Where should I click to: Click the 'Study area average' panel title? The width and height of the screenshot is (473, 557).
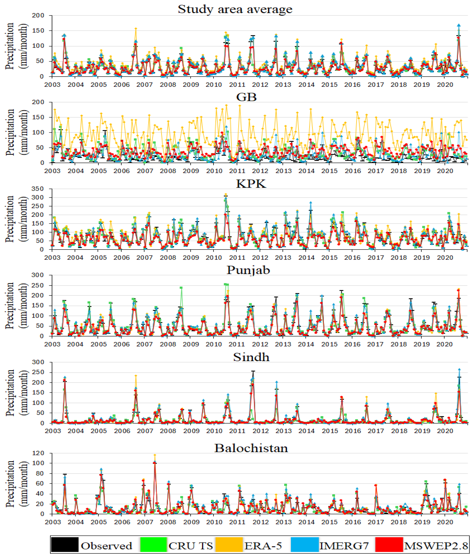(x=235, y=9)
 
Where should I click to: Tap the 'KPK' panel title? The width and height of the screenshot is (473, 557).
(x=251, y=184)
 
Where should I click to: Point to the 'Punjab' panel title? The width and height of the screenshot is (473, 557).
(x=248, y=270)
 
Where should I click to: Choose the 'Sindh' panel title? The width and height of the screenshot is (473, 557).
(x=251, y=357)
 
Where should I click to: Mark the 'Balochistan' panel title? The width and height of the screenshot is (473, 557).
(x=251, y=448)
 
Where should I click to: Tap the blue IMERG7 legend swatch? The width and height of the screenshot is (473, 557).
(x=305, y=544)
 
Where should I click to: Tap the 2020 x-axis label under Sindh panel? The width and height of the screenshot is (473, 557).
(x=445, y=431)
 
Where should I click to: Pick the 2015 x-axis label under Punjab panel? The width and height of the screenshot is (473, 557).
(x=329, y=344)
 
